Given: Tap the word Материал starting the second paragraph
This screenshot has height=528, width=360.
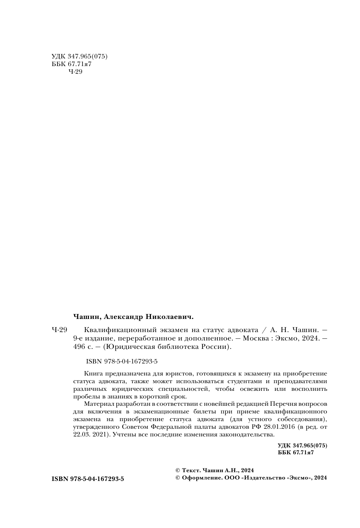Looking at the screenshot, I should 98,404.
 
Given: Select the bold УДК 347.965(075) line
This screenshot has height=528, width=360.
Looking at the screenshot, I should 302,446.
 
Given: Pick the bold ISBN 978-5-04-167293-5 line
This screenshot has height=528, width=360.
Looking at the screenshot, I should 88,478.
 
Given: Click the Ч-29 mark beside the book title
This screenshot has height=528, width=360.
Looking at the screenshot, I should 59,329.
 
